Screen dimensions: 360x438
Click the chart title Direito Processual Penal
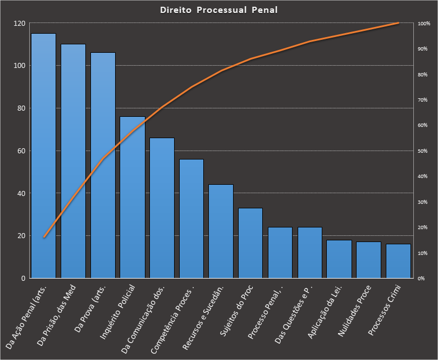pyautogui.click(x=218, y=10)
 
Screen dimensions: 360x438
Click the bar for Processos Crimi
pyautogui.click(x=398, y=261)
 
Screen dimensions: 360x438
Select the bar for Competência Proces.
pyautogui.click(x=191, y=218)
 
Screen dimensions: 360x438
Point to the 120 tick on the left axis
pyautogui.click(x=20, y=24)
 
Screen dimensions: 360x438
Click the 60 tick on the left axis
pyautogui.click(x=22, y=151)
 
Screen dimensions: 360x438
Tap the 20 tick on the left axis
pyautogui.click(x=22, y=236)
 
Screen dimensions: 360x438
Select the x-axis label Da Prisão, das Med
pyautogui.click(x=58, y=317)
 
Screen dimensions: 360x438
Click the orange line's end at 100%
pyautogui.click(x=398, y=23)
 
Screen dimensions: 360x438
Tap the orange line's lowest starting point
pyautogui.click(x=44, y=238)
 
